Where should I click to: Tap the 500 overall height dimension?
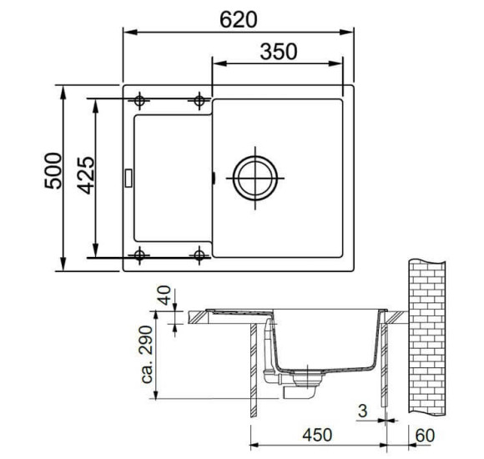point(52,171)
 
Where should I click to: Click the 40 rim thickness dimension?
point(164,297)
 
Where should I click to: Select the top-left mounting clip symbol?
point(140,101)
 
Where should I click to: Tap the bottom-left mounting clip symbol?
point(140,255)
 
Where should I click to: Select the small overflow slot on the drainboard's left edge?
point(128,177)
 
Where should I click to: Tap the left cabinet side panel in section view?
point(253,371)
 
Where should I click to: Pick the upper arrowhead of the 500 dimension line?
point(65,88)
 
